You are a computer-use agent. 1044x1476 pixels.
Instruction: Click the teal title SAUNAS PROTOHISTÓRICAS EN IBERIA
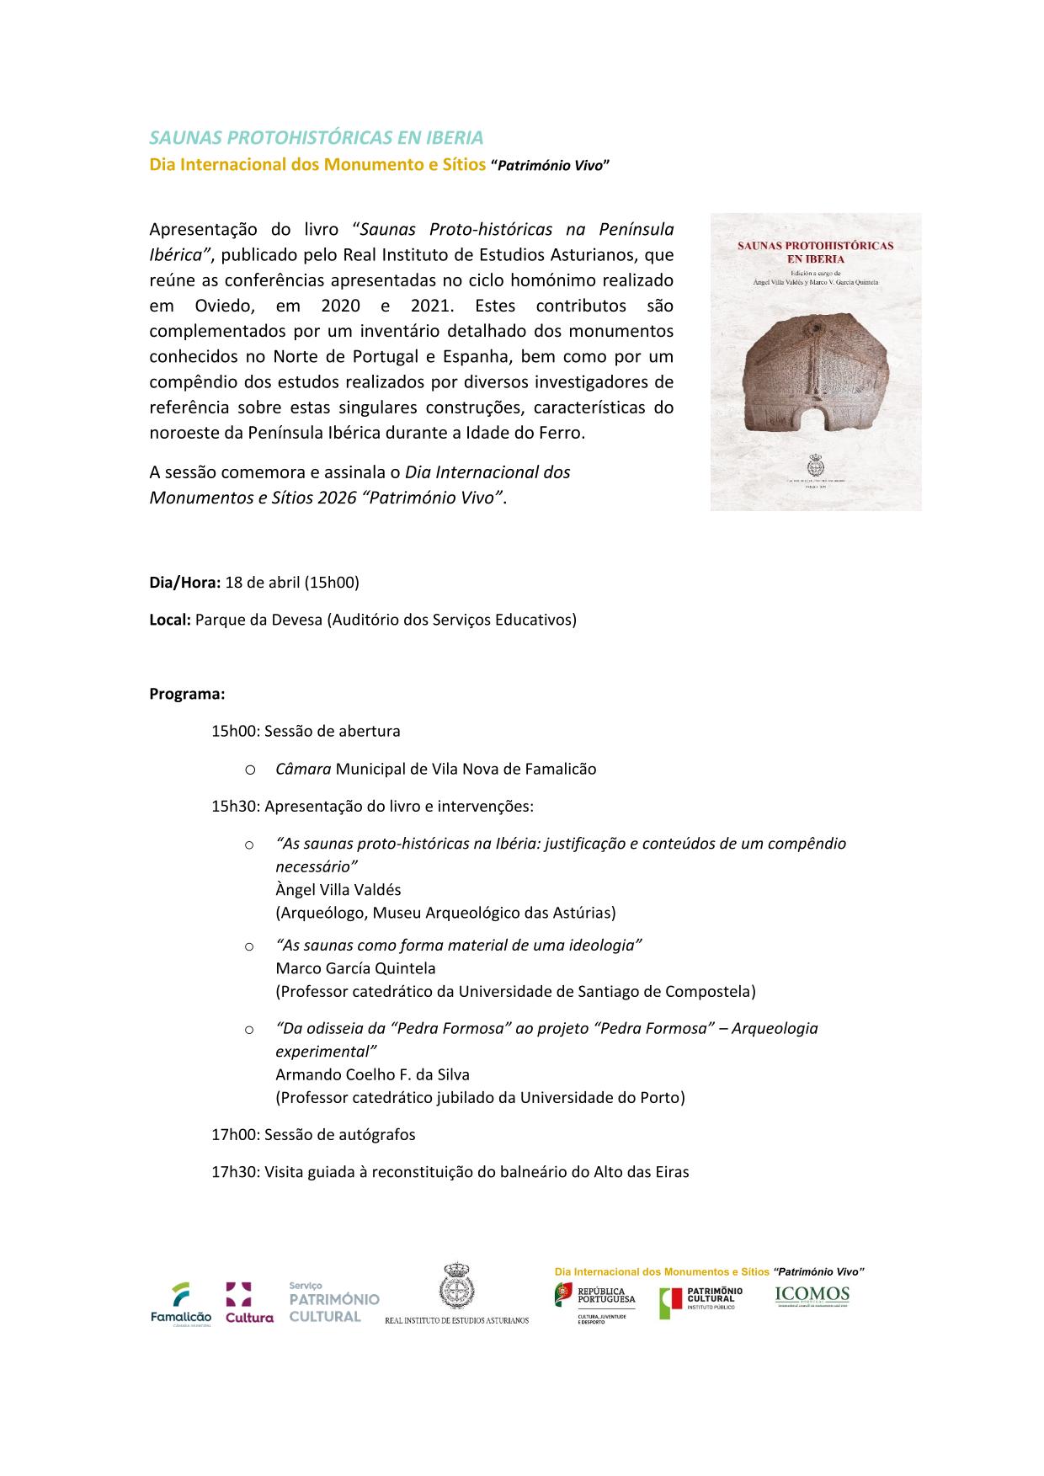(317, 137)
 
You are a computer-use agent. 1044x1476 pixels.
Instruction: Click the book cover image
(815, 362)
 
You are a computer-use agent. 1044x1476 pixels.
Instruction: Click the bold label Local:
(170, 621)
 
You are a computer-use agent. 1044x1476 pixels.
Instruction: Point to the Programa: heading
(187, 695)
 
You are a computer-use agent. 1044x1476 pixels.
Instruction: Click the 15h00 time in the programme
(234, 732)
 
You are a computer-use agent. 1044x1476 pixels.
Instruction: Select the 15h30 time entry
(234, 807)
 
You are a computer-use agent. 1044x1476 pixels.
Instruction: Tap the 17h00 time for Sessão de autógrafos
(234, 1135)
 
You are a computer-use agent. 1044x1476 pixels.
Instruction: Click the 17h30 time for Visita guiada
(234, 1172)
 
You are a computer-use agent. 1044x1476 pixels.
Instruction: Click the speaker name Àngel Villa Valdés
(338, 890)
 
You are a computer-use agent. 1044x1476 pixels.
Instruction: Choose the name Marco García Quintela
(355, 968)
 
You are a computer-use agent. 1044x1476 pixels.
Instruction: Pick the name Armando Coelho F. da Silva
(372, 1075)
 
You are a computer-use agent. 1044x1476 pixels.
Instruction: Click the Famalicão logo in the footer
(180, 1303)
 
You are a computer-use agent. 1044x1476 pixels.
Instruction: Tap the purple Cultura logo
(248, 1303)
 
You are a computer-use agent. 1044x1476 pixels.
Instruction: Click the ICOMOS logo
(812, 1297)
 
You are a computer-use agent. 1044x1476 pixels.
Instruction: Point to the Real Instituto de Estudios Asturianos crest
(457, 1289)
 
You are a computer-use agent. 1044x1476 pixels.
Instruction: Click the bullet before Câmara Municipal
(249, 770)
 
